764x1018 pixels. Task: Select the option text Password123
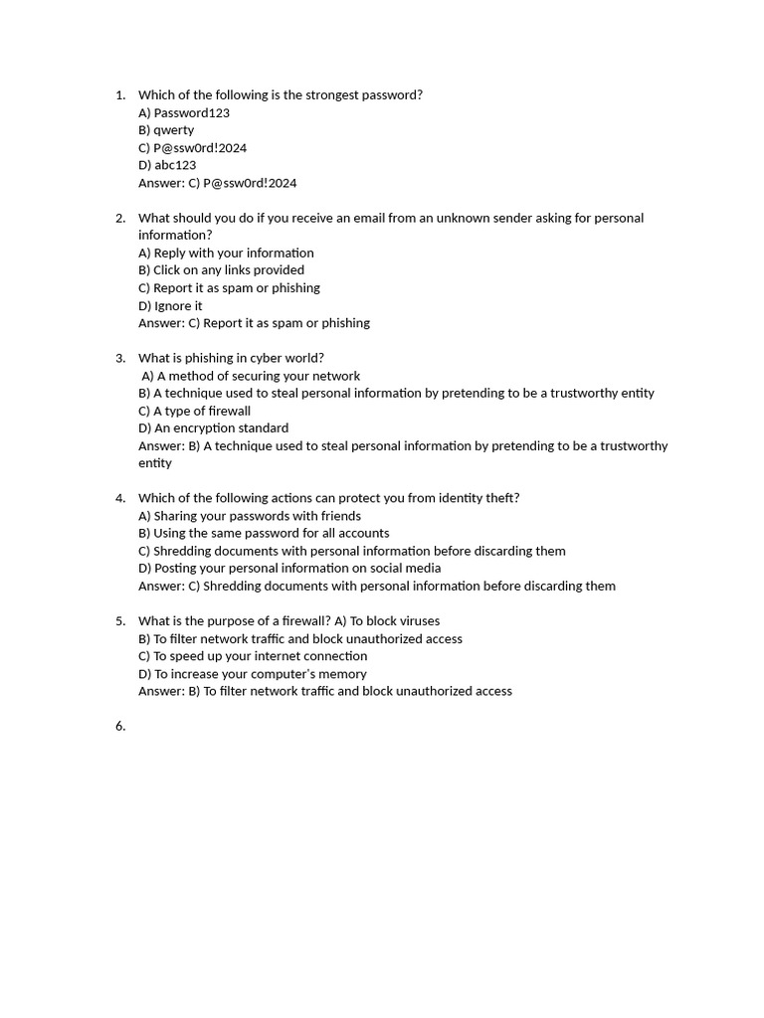192,113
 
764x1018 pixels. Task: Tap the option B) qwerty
166,130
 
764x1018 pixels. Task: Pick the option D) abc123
167,165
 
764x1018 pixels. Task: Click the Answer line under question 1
217,183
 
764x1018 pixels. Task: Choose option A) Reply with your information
226,254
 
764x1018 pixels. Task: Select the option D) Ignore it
170,306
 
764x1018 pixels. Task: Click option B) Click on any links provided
221,270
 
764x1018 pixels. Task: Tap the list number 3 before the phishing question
119,358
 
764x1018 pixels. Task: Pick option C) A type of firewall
194,411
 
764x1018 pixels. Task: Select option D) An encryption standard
213,428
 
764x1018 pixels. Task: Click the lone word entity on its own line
155,463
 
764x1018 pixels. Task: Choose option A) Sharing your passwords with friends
250,516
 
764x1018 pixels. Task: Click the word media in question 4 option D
422,569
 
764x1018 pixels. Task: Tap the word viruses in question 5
419,621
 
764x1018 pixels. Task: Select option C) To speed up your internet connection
253,656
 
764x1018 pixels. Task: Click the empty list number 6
119,727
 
